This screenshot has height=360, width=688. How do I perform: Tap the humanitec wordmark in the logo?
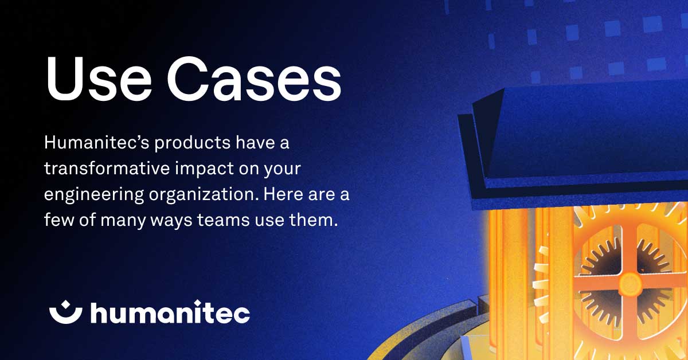tap(170, 312)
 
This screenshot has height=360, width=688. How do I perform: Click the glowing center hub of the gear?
tap(630, 281)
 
